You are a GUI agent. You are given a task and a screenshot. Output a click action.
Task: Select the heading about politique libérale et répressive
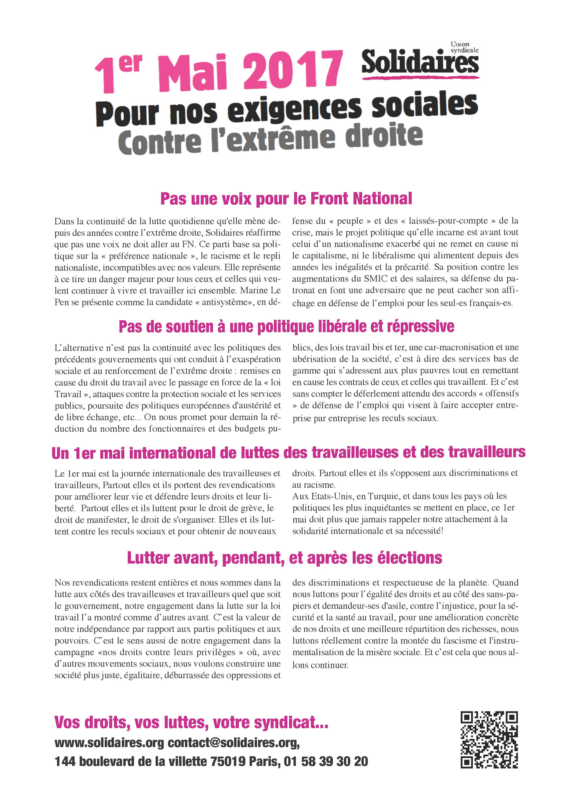(x=286, y=327)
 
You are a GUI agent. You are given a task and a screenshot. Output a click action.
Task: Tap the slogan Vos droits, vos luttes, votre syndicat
(x=191, y=723)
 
